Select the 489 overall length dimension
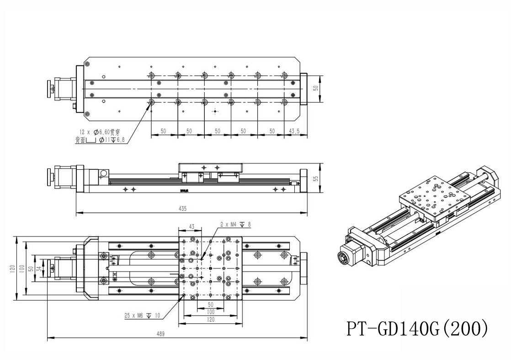click(160, 334)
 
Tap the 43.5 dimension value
click(294, 131)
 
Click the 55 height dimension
click(315, 179)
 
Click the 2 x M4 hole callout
click(235, 225)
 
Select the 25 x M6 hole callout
click(142, 315)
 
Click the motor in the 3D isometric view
click(352, 256)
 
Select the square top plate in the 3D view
click(434, 197)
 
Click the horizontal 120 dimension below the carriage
click(210, 320)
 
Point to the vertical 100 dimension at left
click(21, 268)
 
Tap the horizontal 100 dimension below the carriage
click(210, 312)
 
